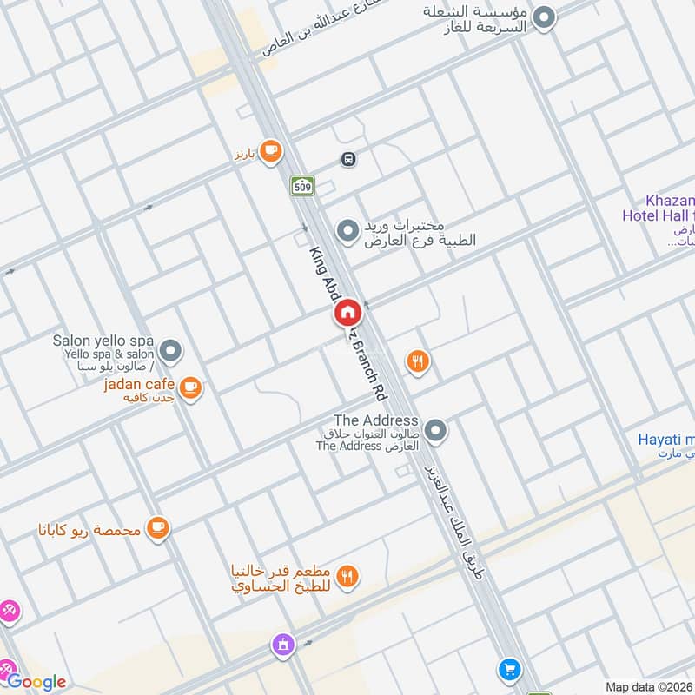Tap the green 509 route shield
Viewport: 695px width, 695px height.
[302, 185]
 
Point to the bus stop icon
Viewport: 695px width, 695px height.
[348, 160]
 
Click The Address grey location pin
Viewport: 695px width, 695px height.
[437, 430]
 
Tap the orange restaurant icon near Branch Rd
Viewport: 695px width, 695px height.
[419, 361]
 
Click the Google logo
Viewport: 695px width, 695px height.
[36, 682]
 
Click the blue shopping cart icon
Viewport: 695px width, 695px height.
[509, 670]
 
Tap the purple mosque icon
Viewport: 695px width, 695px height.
[282, 645]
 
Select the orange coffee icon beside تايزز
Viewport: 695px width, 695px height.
[271, 151]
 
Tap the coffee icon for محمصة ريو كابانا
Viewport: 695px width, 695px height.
[157, 527]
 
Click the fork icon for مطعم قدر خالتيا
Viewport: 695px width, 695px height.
[347, 575]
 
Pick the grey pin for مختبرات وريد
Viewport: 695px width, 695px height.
[347, 231]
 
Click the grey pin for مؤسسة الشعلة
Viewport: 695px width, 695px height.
[545, 18]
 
